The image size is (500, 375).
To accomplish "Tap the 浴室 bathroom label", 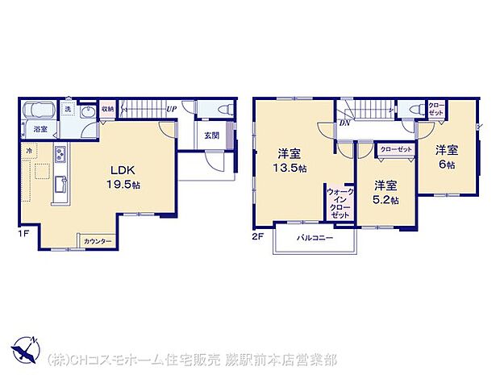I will click(x=40, y=129).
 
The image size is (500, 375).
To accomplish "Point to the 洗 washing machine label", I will click(x=70, y=107).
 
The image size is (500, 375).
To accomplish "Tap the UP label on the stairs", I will click(x=171, y=109).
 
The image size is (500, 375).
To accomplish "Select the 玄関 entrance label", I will click(x=211, y=135).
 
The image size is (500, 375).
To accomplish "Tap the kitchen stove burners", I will click(x=60, y=155).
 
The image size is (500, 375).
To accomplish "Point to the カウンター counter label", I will click(x=98, y=241).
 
